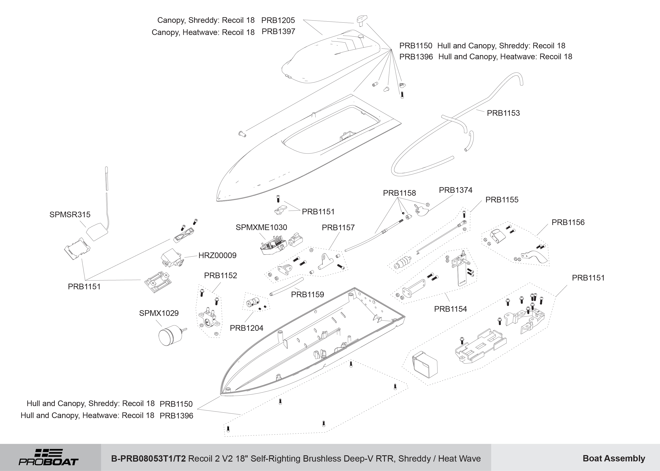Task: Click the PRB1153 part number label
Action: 503,113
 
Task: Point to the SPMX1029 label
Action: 159,313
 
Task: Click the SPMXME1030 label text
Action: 261,227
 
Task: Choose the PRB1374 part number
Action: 455,190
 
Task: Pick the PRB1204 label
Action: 246,328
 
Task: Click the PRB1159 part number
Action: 307,294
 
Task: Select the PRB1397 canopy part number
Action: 278,32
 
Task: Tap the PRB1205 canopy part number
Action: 278,20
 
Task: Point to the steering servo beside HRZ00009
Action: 171,258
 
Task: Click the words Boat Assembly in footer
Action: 614,458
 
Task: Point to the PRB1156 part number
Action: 568,223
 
